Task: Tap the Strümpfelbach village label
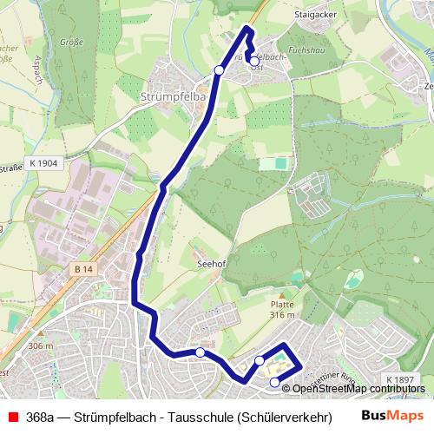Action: [x=171, y=97]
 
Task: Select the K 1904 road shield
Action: [x=43, y=162]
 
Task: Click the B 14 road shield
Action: [x=83, y=270]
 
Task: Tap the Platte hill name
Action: [x=283, y=305]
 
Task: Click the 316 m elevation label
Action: [x=283, y=316]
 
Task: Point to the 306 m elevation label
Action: [x=41, y=346]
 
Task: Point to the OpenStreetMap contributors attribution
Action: [x=357, y=388]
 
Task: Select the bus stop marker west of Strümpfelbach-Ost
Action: [x=219, y=69]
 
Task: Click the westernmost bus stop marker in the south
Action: [x=201, y=352]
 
